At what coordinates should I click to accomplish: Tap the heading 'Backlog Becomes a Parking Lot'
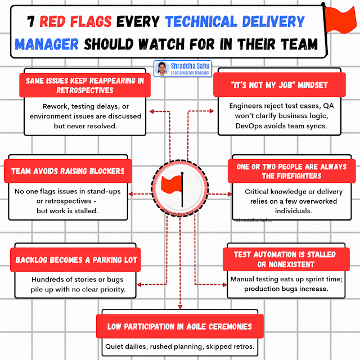click(74, 260)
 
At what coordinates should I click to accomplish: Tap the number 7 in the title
click(33, 22)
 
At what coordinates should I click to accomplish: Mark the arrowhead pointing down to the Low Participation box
click(180, 307)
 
